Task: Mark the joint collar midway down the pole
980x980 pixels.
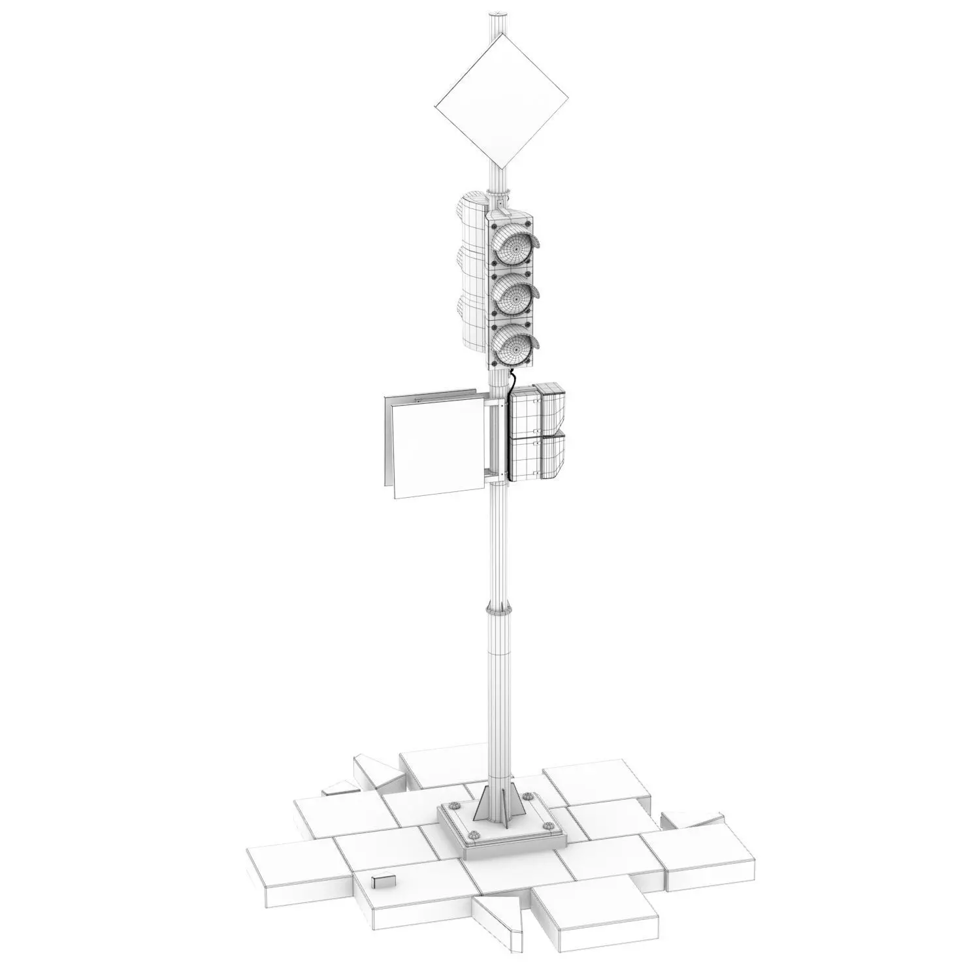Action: (498, 610)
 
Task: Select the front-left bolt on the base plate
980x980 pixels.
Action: (474, 835)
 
